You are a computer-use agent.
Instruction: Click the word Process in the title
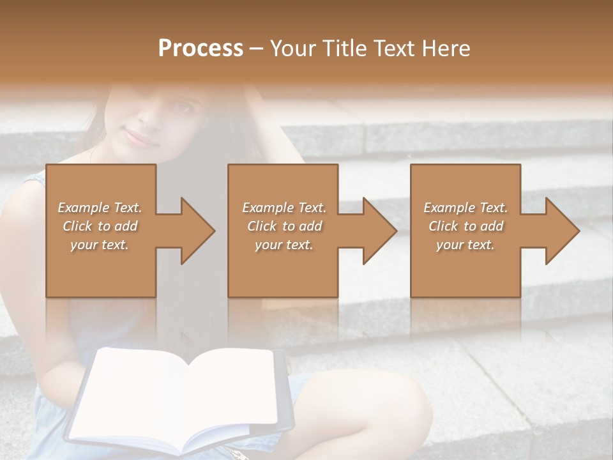tap(201, 49)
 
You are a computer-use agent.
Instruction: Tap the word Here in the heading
tap(445, 49)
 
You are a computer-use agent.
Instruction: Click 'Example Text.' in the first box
tap(100, 208)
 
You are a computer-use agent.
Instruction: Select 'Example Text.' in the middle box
tap(284, 208)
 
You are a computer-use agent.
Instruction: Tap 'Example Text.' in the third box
tap(465, 208)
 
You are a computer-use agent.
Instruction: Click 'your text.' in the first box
tap(100, 245)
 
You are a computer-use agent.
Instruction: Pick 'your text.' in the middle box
tap(284, 245)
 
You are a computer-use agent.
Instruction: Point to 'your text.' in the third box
tap(465, 245)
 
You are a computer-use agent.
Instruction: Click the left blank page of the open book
tap(134, 396)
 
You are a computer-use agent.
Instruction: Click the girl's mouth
tap(142, 137)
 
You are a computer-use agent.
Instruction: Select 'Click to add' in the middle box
tap(284, 226)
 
